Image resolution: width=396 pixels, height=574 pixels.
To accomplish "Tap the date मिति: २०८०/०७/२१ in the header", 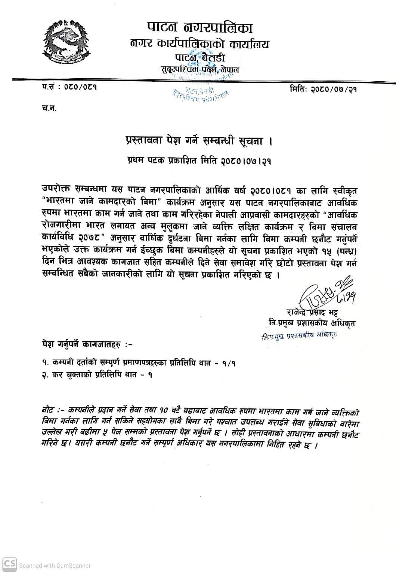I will (x=323, y=89).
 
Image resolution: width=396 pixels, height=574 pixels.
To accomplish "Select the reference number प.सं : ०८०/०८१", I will (x=69, y=88).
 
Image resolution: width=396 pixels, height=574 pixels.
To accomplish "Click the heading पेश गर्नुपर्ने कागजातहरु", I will (x=87, y=344).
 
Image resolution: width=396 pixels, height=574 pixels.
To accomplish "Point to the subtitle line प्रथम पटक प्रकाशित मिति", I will (x=198, y=161).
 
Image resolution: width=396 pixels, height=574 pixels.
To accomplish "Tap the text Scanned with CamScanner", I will (x=55, y=565).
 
